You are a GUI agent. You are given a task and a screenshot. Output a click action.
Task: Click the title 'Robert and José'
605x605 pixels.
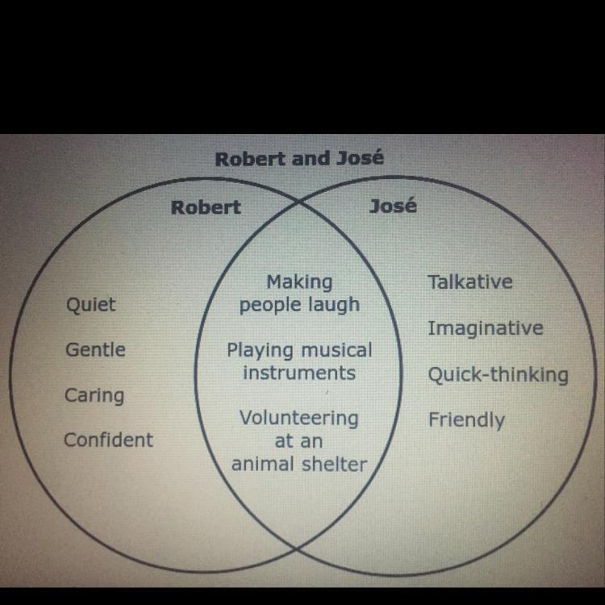(298, 158)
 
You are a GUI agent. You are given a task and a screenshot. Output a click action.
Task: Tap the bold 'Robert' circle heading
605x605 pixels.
(206, 207)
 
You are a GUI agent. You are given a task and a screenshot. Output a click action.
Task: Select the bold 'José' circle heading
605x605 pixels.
(393, 206)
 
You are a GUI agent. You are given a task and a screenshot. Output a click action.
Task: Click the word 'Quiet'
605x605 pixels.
(91, 305)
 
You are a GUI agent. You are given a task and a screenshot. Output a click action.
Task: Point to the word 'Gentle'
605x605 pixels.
(95, 350)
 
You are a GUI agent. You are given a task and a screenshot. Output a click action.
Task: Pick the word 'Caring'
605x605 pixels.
(94, 395)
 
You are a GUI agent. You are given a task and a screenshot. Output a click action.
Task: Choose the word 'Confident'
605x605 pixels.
(108, 440)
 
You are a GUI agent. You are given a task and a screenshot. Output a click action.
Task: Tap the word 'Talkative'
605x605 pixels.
(470, 282)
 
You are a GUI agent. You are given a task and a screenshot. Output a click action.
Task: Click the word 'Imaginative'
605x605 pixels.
(485, 328)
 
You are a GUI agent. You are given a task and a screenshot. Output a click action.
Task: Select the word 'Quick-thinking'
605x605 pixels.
(498, 375)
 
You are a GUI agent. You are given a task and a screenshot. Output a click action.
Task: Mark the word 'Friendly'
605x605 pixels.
(466, 420)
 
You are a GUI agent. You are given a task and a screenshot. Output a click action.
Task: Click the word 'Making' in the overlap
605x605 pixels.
(299, 282)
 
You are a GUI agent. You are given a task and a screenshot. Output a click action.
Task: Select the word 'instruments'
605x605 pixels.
(299, 373)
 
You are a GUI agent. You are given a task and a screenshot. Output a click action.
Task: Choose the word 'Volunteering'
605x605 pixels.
(298, 419)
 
